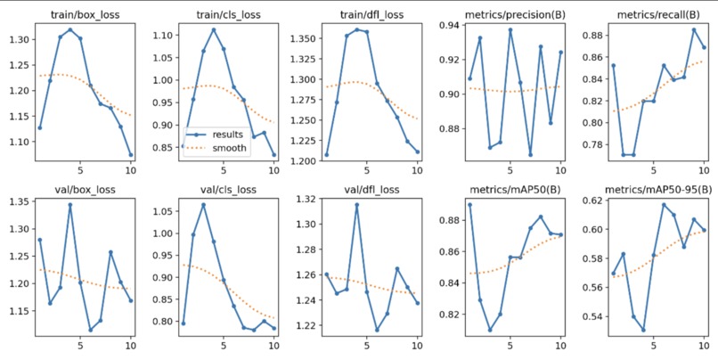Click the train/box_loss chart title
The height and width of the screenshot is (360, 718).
[85, 14]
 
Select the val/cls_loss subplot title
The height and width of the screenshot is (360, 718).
[227, 189]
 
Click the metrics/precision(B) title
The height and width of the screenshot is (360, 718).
[515, 14]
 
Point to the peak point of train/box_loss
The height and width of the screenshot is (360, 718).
[70, 29]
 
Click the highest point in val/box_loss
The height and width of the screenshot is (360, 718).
[70, 205]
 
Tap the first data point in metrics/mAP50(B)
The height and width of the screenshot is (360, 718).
[469, 205]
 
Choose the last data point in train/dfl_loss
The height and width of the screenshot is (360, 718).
[418, 151]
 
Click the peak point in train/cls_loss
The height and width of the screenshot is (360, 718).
[214, 29]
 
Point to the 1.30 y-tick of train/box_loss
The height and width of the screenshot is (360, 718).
[21, 39]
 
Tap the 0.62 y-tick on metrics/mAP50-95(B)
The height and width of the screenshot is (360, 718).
[592, 200]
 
